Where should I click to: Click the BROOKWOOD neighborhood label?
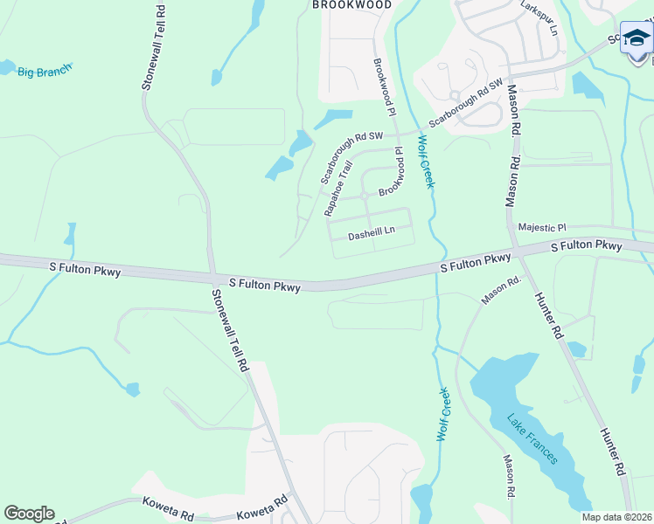pyautogui.click(x=351, y=5)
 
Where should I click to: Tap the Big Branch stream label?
pyautogui.click(x=45, y=70)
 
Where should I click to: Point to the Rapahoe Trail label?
pyautogui.click(x=337, y=188)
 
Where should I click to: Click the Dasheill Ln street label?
pyautogui.click(x=372, y=233)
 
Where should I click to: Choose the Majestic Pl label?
pyautogui.click(x=542, y=227)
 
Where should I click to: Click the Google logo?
pyautogui.click(x=29, y=514)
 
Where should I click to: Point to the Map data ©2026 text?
pyautogui.click(x=616, y=517)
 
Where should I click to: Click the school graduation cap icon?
pyautogui.click(x=637, y=38)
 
